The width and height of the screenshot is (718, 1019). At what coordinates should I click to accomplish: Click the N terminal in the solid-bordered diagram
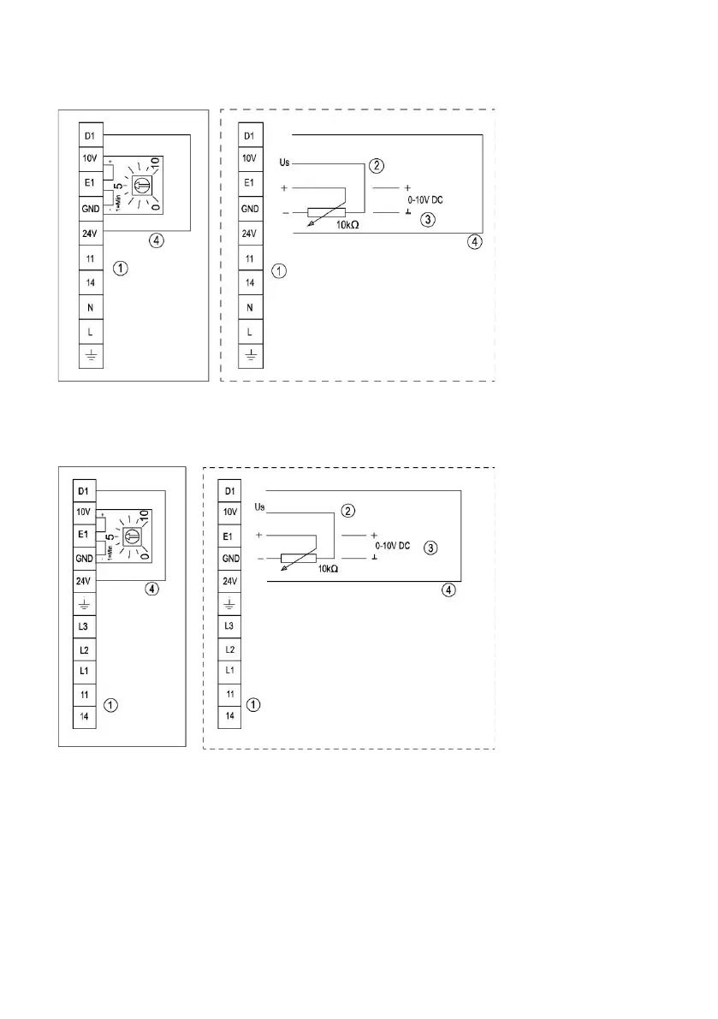coord(90,306)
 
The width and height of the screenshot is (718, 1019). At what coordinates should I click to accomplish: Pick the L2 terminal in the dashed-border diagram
coord(228,649)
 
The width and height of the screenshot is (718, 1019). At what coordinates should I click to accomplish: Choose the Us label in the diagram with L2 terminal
coord(261,507)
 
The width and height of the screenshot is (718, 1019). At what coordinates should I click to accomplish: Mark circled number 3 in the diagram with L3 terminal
coord(431,547)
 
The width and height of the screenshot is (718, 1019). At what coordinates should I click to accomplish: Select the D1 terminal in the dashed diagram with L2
coord(228,491)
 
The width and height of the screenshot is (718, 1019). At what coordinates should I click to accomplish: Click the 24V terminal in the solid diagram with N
coord(90,233)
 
